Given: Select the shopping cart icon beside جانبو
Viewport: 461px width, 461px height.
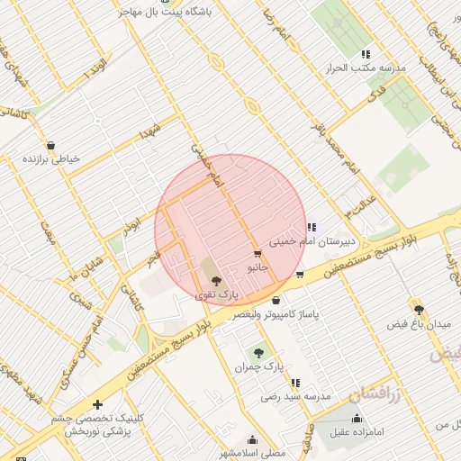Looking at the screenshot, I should coord(258,254).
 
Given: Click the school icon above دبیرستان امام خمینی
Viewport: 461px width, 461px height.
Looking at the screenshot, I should coord(312,227).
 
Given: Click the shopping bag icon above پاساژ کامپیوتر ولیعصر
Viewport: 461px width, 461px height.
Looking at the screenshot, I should coord(276,301).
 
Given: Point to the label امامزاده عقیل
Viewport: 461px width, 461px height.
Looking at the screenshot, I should coord(357,432).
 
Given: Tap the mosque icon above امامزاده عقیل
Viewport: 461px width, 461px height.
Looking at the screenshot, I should coord(357,419).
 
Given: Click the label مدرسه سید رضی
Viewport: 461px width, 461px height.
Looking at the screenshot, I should coord(297,396).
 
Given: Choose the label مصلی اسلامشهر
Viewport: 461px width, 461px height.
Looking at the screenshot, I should coord(253,453).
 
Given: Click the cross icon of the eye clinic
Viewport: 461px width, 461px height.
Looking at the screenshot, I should coord(97,405).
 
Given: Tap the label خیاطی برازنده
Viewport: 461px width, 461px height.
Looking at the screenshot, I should coord(51,158).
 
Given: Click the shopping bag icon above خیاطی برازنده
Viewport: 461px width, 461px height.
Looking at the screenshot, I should coord(50,145).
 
